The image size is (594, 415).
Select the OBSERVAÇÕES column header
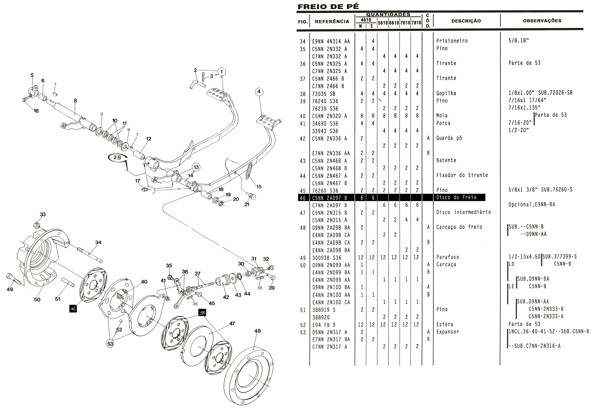pyautogui.click(x=542, y=21)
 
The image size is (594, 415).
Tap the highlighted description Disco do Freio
pyautogui.click(x=456, y=197)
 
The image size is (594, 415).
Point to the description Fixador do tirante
pyautogui.click(x=462, y=175)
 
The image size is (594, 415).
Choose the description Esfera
pyautogui.click(x=444, y=324)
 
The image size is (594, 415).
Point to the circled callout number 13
pyautogui.click(x=196, y=167)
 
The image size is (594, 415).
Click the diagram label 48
pyautogui.click(x=257, y=331)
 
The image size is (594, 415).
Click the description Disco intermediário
pyautogui.click(x=463, y=212)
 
